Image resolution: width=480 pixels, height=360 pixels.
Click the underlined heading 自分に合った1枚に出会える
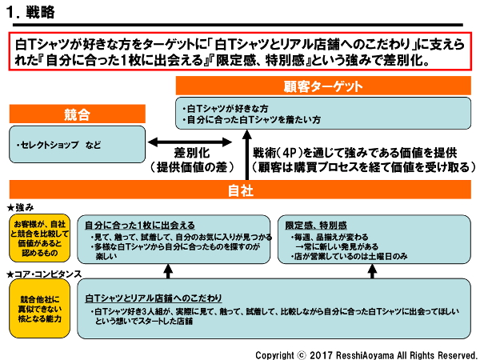[x=139, y=226]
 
